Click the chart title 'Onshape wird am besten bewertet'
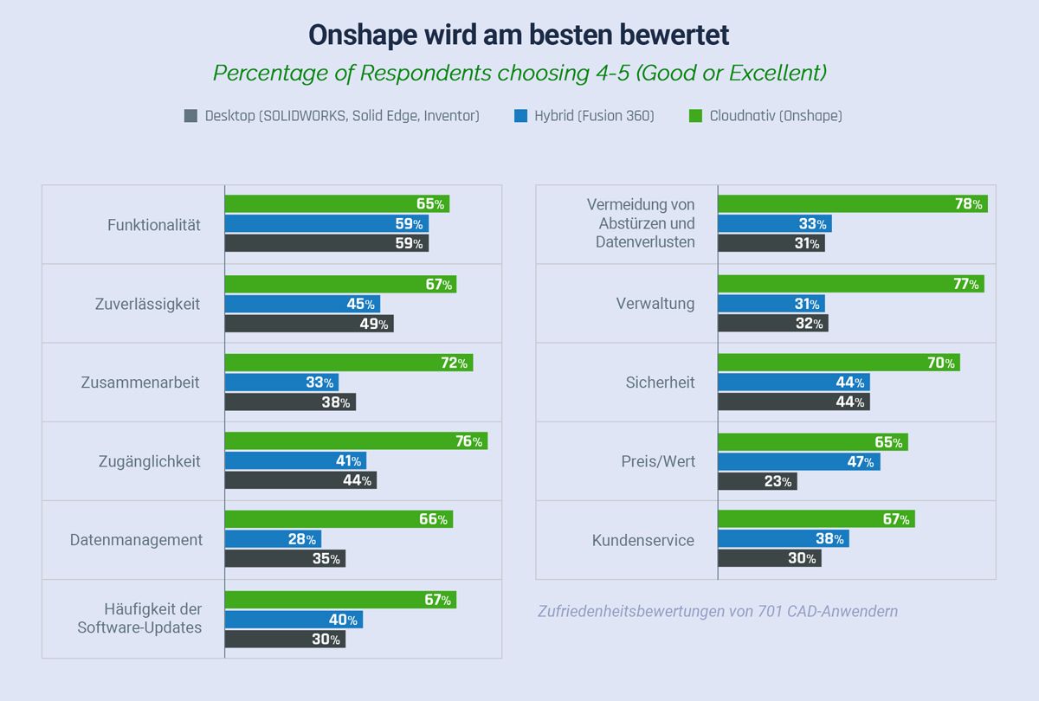pos(519,35)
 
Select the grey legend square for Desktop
pos(191,116)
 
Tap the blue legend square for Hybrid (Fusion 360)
pos(519,116)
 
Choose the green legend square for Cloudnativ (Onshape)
pos(694,116)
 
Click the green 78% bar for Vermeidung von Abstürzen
pos(852,204)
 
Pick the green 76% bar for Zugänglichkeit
pos(356,441)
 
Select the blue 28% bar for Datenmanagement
pos(273,539)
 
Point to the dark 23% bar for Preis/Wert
pos(757,481)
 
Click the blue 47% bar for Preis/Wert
pos(798,462)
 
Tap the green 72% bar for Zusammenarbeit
pos(349,363)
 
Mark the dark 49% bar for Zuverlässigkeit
pos(309,324)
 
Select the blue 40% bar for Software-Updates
pos(294,620)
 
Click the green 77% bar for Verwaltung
pos(850,284)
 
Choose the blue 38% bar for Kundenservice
pos(783,539)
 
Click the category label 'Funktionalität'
pos(153,225)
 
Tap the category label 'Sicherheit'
pos(660,383)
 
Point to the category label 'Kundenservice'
pos(642,540)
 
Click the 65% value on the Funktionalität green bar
pos(430,204)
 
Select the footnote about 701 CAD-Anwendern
pos(718,611)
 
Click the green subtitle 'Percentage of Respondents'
pos(519,73)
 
